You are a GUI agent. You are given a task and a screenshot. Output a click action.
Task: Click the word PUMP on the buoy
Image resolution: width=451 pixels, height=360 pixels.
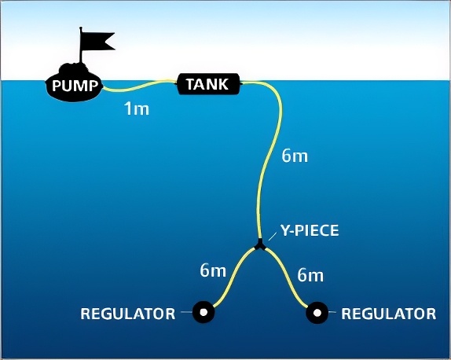[75, 86]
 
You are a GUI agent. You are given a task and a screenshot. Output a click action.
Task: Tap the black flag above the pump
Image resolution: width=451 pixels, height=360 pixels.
[97, 41]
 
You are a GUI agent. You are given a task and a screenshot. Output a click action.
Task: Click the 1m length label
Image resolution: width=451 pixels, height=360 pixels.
[137, 109]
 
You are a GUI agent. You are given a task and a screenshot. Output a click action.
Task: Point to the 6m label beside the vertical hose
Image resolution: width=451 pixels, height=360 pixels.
[295, 156]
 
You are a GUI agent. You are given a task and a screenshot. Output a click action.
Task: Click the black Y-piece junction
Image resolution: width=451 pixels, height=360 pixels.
[260, 245]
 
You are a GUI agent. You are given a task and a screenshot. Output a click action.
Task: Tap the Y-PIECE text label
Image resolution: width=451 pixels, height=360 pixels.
[310, 230]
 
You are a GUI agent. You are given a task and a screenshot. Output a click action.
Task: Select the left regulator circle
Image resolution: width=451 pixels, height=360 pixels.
[203, 312]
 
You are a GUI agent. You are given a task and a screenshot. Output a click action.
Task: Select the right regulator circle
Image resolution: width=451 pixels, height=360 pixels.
[317, 313]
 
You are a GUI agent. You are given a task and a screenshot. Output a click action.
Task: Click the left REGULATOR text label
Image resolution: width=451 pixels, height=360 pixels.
[128, 314]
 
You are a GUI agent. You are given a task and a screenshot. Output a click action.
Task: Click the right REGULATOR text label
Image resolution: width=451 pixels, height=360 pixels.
[389, 314]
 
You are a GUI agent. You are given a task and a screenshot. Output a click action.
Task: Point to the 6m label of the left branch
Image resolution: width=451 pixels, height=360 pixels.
[213, 271]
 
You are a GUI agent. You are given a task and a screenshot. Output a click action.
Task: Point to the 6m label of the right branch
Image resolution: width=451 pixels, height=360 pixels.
[310, 275]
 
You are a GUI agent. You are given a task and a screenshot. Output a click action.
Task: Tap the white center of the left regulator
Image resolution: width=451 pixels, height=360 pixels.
[203, 312]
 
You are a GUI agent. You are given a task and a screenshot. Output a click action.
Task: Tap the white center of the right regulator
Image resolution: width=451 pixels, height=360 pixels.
[317, 313]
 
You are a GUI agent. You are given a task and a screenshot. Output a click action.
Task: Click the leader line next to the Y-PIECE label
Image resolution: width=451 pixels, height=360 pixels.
[273, 236]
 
